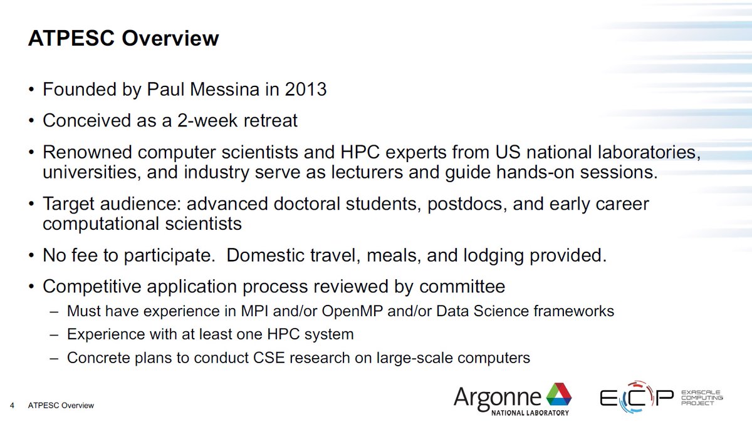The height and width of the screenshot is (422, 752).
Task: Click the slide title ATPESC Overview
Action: coord(123,38)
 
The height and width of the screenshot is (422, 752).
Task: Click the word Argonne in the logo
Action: coord(498,396)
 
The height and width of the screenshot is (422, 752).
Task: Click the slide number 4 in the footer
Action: coord(13,406)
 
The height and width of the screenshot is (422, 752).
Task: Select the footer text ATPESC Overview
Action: coord(61,406)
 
